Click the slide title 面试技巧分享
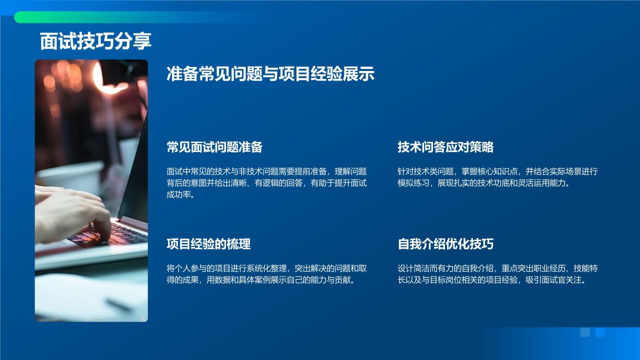(95, 41)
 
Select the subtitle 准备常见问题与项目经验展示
(270, 74)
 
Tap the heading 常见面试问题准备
(214, 147)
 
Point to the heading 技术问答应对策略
(445, 147)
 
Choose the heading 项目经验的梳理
(208, 244)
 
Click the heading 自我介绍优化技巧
(445, 244)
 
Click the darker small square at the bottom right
(585, 332)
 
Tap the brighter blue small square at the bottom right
(600, 332)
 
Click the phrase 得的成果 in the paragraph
(185, 280)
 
